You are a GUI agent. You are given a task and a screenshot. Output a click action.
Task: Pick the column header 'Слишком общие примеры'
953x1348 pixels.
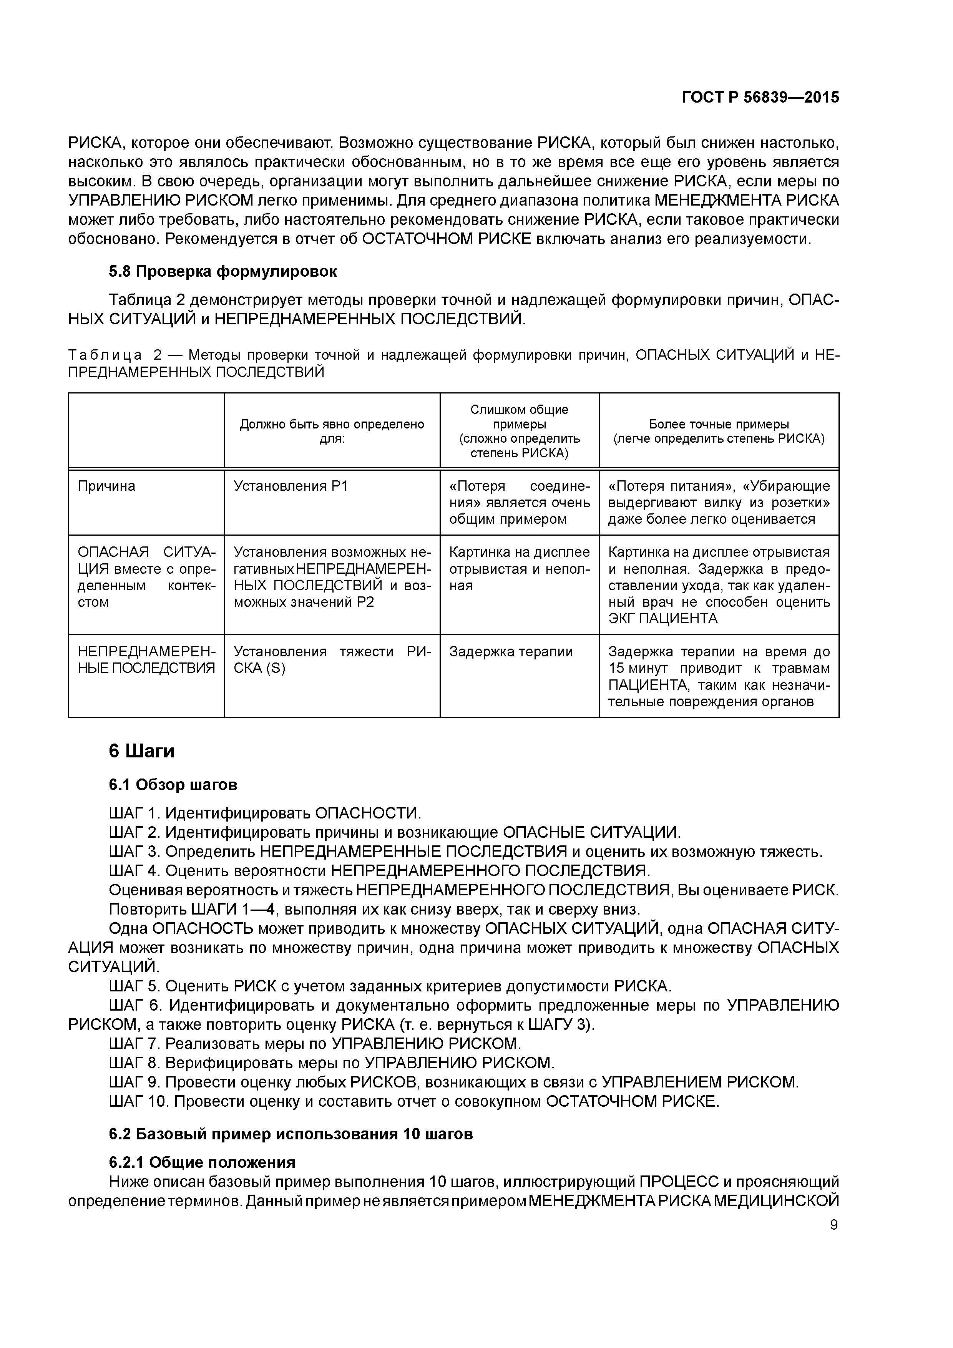click(519, 417)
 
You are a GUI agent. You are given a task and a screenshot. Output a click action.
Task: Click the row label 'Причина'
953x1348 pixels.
click(106, 486)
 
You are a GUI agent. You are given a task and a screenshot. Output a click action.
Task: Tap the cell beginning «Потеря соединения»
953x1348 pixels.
click(519, 503)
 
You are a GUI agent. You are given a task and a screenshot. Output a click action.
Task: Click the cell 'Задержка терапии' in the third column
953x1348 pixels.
click(511, 652)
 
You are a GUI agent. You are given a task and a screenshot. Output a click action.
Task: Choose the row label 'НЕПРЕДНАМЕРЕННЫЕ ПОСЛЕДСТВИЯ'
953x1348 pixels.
click(146, 660)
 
